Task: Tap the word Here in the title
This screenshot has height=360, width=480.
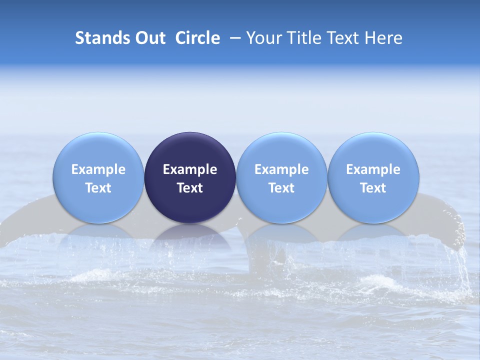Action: [x=384, y=38]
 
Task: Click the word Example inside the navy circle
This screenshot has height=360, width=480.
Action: [x=190, y=169]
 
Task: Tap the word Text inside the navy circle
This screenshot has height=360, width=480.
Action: [x=190, y=188]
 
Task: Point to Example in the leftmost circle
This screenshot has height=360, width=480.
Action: [x=98, y=169]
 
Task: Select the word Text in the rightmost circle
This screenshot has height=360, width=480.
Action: [x=373, y=188]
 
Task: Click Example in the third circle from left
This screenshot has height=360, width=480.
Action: [x=281, y=169]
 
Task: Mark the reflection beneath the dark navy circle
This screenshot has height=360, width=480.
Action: [x=190, y=235]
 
